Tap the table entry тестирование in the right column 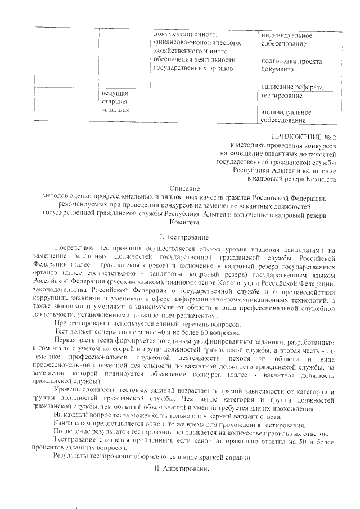pyautogui.click(x=282, y=96)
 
